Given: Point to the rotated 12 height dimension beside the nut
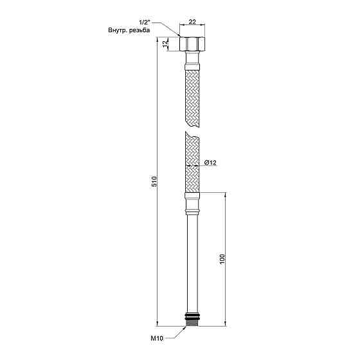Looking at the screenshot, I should pos(166,44).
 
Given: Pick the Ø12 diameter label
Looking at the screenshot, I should pos(210,163).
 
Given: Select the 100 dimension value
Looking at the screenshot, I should pos(222,260).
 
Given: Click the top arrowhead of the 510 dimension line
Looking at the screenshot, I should pos(157,40).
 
